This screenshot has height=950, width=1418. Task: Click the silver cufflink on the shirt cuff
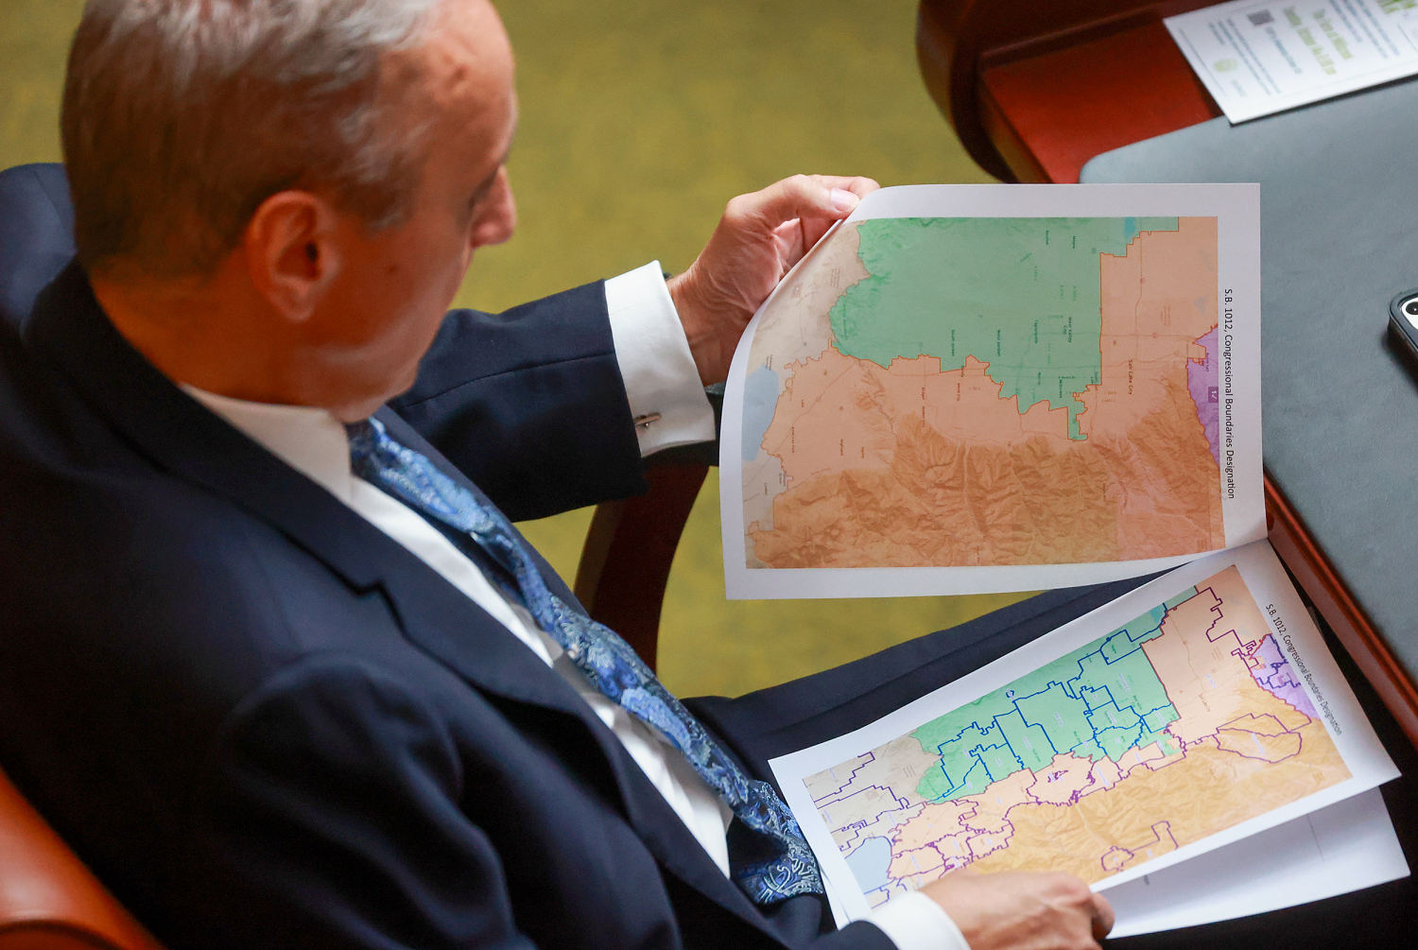648,418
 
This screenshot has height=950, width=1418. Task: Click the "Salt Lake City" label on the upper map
1145,364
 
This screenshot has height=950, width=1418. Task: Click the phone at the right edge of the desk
1405,326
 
